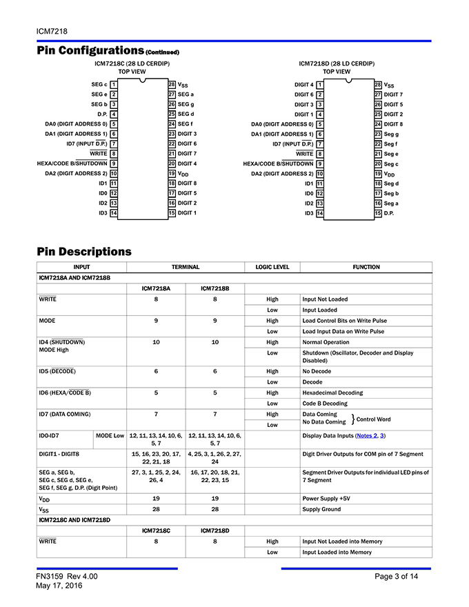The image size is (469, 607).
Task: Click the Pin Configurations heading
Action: coord(90,50)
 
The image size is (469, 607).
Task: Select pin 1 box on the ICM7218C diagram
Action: coord(113,84)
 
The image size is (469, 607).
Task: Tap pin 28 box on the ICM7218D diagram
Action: coord(378,84)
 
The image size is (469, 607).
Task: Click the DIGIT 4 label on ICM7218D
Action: coord(304,84)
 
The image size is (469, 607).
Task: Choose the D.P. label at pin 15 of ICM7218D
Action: coord(389,213)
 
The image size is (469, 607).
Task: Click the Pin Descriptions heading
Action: coord(84,251)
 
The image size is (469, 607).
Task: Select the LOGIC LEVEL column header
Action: coord(272,267)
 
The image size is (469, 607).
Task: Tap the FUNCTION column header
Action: coord(366,267)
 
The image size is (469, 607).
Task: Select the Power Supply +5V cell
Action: coord(327,498)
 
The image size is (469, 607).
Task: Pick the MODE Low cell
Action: coord(110,436)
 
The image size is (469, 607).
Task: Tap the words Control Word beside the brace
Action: coord(373,419)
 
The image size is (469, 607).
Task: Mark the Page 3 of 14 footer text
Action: coord(397,576)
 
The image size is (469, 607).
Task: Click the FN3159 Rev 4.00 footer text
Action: coord(67,576)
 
